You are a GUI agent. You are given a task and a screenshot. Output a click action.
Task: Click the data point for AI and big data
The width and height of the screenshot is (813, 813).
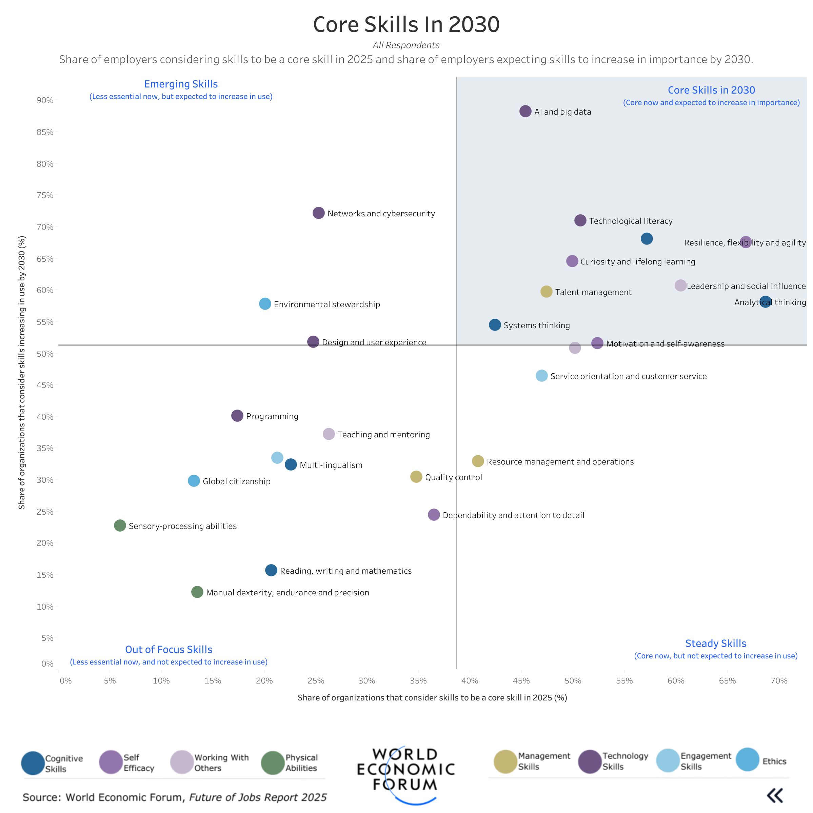point(525,111)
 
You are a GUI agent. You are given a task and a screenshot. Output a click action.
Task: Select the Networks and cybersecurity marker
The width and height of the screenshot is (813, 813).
point(319,213)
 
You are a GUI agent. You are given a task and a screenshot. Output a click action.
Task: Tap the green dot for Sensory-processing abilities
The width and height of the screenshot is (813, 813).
point(120,525)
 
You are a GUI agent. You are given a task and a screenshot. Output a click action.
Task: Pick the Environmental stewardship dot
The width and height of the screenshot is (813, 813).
point(265,303)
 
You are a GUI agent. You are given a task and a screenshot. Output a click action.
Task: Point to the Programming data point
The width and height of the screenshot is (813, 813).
point(237,416)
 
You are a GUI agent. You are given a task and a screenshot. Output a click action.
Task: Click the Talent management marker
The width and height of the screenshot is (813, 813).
point(546,292)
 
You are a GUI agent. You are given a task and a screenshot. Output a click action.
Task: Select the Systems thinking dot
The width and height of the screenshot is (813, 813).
point(495,324)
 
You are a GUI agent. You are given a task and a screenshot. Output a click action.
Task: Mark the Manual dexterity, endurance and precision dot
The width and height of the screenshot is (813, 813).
point(197,592)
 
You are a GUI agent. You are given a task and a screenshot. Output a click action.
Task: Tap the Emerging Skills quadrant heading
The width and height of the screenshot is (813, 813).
point(181,84)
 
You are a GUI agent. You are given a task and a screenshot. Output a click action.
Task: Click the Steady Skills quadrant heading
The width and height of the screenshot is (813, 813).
point(715,643)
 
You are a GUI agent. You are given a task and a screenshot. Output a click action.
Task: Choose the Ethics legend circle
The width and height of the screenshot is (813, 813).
point(747,759)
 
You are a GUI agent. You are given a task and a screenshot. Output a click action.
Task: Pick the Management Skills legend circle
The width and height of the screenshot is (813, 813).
point(505,761)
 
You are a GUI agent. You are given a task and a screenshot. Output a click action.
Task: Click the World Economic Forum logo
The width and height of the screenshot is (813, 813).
point(406,770)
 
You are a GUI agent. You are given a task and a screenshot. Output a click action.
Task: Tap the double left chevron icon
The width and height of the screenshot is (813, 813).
point(775,795)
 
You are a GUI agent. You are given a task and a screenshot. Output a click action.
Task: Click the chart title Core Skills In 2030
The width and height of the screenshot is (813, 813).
point(406,24)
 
